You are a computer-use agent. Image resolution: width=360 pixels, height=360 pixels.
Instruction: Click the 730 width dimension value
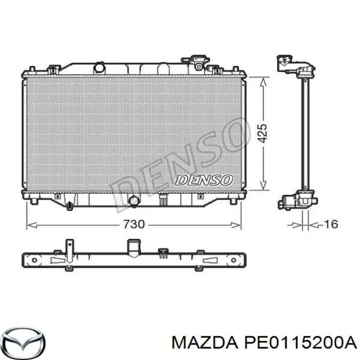click(x=133, y=224)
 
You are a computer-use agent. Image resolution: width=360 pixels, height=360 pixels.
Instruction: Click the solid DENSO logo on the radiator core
click(x=204, y=179)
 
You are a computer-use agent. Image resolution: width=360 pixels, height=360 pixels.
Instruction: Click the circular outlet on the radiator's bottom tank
click(x=134, y=201)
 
